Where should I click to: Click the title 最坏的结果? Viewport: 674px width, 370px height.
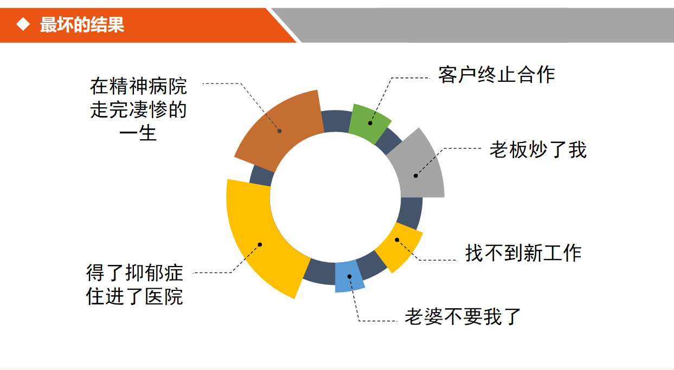pos(82,24)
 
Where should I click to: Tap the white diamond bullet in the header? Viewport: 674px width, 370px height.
pos(23,24)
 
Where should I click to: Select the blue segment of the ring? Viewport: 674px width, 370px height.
pos(349,276)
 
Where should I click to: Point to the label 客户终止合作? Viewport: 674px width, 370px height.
pos(497,75)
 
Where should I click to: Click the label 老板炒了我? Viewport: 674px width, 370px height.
pos(538,150)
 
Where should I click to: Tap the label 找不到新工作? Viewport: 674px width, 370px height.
pos(523,253)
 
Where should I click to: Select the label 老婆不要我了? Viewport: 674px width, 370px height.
pos(463,316)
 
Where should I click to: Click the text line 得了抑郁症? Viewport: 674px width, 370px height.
pos(134,273)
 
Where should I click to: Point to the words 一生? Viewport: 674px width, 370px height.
pos(138,133)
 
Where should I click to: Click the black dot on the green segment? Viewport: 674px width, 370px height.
pos(370,123)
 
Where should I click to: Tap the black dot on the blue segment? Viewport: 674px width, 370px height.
pos(349,276)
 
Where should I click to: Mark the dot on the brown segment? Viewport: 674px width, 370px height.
pos(280,131)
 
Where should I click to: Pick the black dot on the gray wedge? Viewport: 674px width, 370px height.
pos(415,176)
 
